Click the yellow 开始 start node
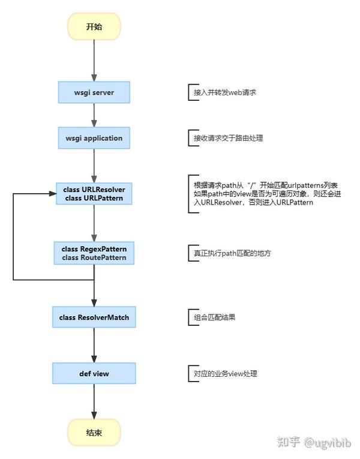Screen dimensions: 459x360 (94, 26)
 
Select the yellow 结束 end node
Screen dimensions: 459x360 (94, 432)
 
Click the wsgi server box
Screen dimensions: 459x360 (94, 92)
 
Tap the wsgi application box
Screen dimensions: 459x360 (94, 138)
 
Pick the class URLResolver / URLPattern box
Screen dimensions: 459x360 (94, 194)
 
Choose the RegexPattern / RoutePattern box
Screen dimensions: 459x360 (94, 253)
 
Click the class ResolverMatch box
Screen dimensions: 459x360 (94, 316)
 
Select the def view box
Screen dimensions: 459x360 (94, 373)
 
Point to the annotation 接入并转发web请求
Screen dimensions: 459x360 (224, 94)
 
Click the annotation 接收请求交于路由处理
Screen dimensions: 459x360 (228, 138)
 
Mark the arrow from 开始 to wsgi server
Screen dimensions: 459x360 (94, 60)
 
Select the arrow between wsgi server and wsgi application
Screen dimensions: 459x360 (94, 115)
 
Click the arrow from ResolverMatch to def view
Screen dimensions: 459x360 (94, 345)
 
